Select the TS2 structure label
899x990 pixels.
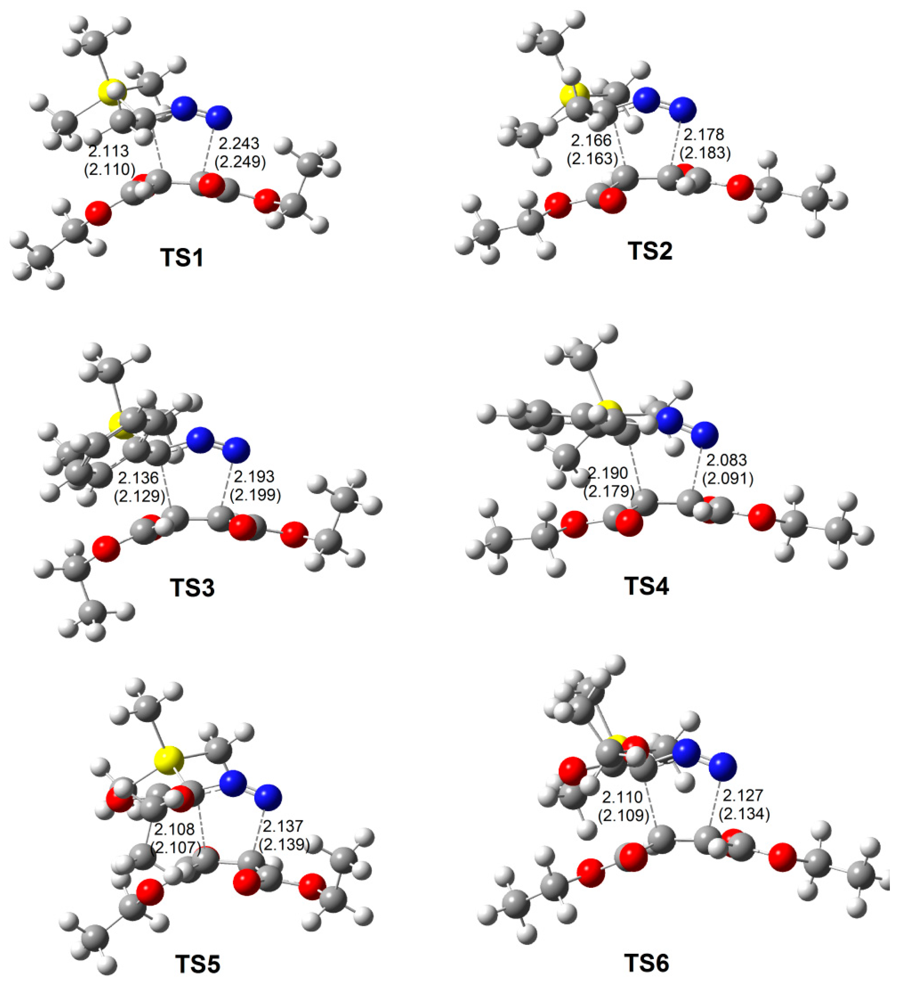pyautogui.click(x=650, y=251)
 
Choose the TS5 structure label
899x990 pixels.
pyautogui.click(x=198, y=964)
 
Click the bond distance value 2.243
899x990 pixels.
pyautogui.click(x=239, y=143)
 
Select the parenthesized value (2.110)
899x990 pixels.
pyautogui.click(x=109, y=169)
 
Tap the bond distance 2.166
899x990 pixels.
pyautogui.click(x=591, y=140)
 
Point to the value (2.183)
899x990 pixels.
pyautogui.click(x=705, y=153)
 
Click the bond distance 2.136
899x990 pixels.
pyautogui.click(x=138, y=477)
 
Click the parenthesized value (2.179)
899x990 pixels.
pyautogui.click(x=609, y=491)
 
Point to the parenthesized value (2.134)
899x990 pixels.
pyautogui.click(x=744, y=814)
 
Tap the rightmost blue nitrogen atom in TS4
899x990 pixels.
pyautogui.click(x=704, y=434)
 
